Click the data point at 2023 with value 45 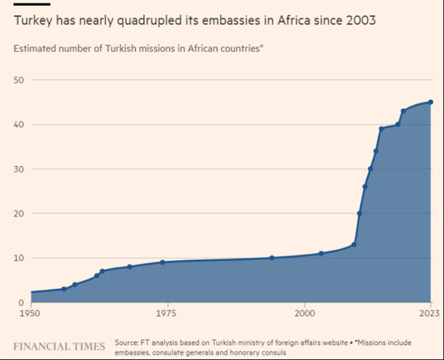click(430, 102)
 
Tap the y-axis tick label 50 click(18, 80)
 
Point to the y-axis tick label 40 click(18, 124)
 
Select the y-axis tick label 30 click(18, 169)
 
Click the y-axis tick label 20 click(18, 213)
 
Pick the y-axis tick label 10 click(18, 258)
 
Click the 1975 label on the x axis click(167, 314)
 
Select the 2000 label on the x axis click(304, 314)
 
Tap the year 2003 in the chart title click(361, 21)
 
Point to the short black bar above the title click(31, 4)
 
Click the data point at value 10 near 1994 click(272, 257)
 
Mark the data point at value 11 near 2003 click(321, 253)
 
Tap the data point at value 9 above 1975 click(162, 262)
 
